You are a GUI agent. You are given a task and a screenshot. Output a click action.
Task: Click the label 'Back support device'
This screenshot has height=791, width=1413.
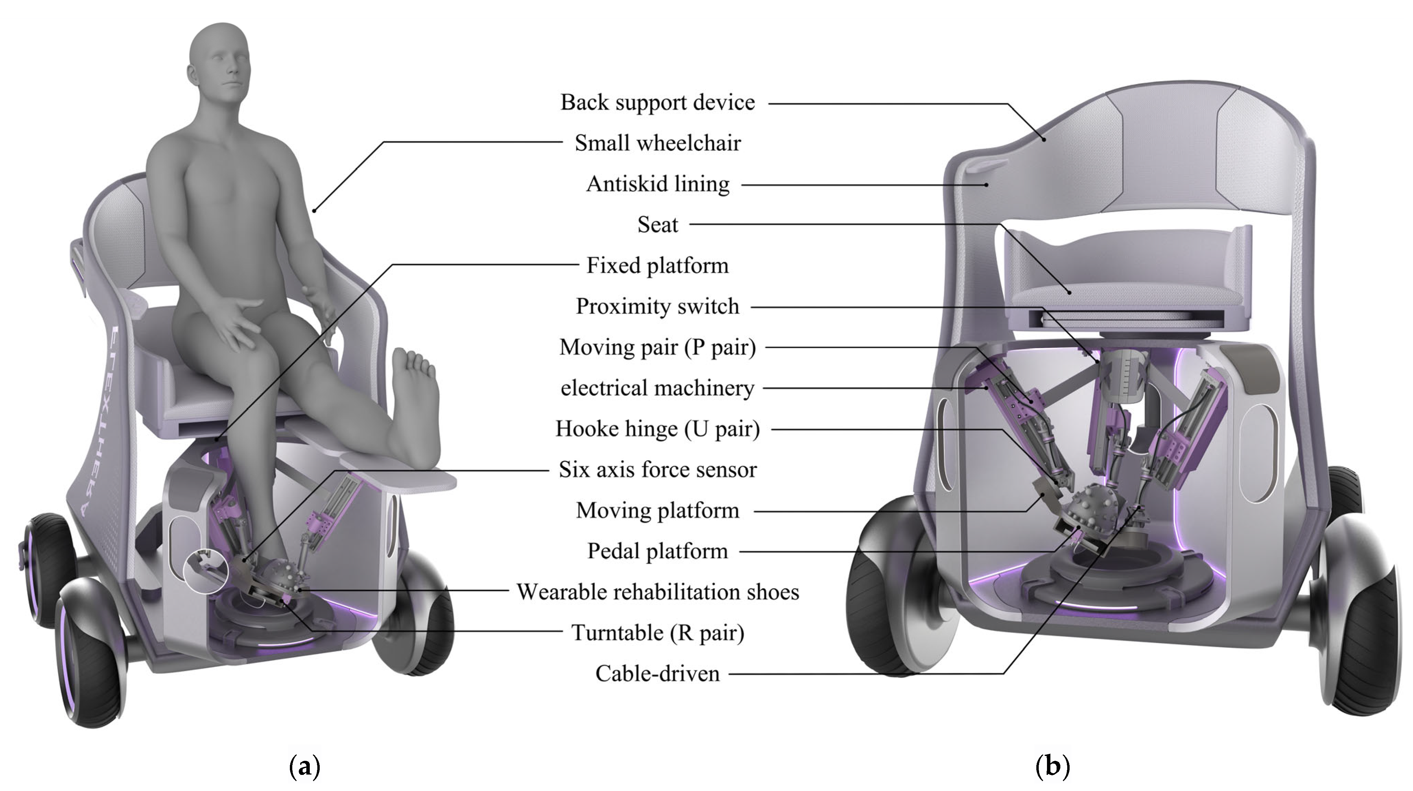(657, 102)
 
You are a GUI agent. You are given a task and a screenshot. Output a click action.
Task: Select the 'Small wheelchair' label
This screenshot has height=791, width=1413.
(657, 143)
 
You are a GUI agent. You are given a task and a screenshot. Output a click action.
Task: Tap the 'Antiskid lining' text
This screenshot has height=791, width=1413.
(657, 184)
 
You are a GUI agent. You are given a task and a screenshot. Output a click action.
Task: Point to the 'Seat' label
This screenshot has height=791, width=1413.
(657, 225)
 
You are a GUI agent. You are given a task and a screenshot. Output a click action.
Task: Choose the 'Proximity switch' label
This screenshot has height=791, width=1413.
(657, 306)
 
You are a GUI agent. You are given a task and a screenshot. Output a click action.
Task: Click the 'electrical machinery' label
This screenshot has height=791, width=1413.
(657, 388)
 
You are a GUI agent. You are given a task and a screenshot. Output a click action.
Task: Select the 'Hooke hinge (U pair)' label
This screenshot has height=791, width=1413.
(657, 429)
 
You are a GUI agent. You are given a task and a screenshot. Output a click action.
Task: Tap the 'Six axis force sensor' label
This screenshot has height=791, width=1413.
(657, 470)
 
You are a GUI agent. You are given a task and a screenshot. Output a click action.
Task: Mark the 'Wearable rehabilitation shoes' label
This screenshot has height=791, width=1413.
(657, 592)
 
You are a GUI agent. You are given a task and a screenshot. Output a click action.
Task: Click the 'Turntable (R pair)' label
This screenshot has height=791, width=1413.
(657, 633)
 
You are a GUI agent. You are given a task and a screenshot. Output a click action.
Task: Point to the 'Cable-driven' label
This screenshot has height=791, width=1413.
(657, 674)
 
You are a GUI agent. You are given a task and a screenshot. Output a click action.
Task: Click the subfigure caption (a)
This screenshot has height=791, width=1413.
(304, 766)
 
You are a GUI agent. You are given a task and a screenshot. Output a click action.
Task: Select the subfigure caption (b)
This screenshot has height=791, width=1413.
(1052, 766)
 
